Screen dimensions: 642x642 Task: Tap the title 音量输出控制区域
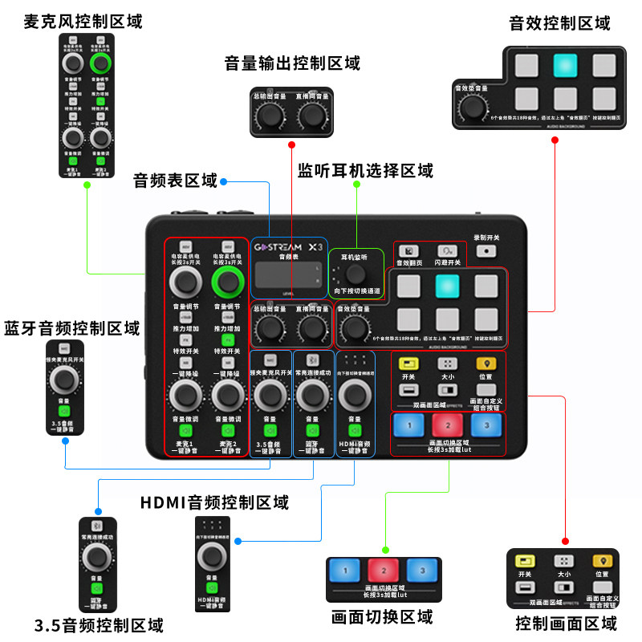pos(292,63)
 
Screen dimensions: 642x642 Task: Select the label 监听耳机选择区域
pos(365,171)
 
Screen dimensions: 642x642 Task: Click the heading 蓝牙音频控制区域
pos(71,328)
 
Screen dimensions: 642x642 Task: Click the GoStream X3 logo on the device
pos(289,247)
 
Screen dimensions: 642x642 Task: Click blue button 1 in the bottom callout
pos(346,571)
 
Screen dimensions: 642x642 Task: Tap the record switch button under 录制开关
pos(486,251)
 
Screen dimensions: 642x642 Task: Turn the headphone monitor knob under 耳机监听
pos(355,272)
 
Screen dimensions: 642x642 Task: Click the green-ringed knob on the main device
pos(228,282)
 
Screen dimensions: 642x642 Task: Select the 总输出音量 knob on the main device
pos(269,328)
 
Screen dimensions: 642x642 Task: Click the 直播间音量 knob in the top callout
pos(311,116)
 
